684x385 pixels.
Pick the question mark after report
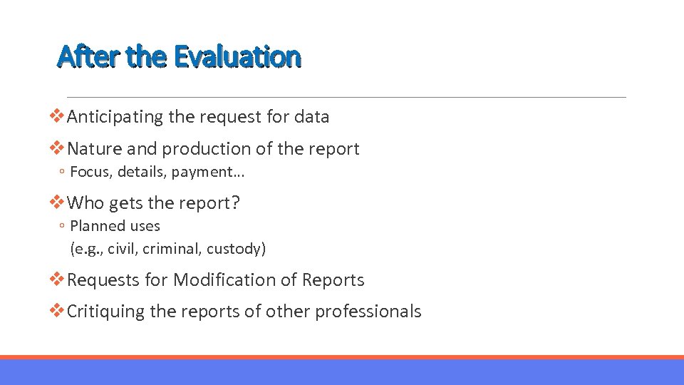click(235, 203)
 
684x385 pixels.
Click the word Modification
click(235, 280)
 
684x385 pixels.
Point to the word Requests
click(103, 280)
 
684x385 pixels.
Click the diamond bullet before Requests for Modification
click(58, 279)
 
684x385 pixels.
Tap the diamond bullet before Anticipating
click(58, 116)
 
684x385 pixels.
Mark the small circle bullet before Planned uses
click(63, 227)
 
